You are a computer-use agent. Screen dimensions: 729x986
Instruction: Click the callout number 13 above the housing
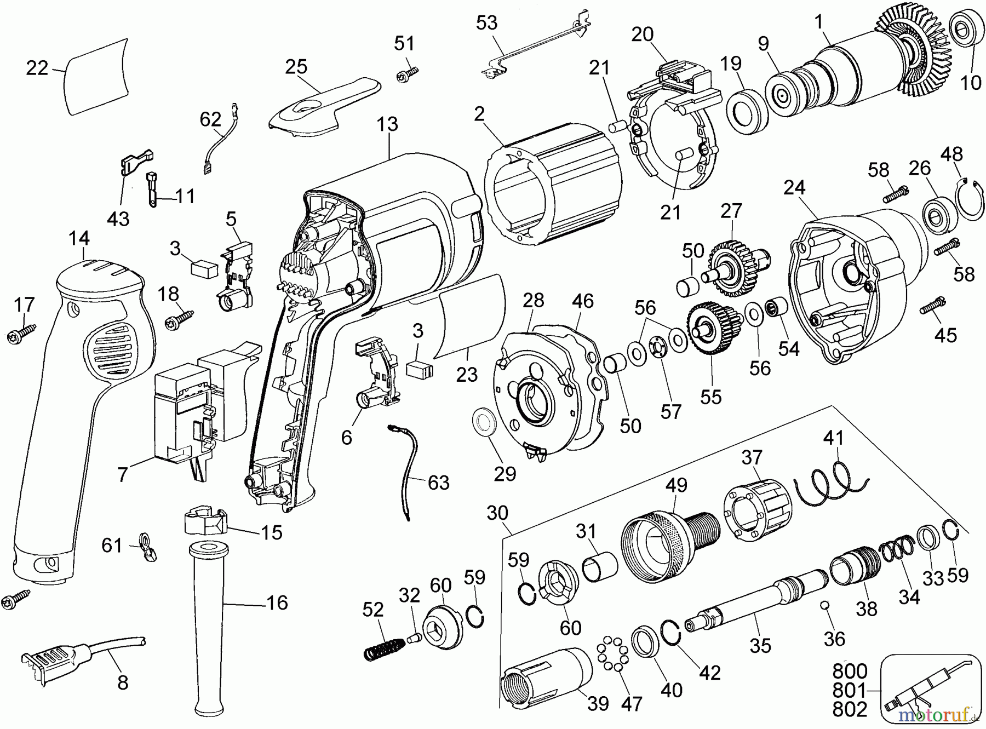coord(387,124)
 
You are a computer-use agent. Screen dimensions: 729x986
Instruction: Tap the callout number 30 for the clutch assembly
coord(497,513)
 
